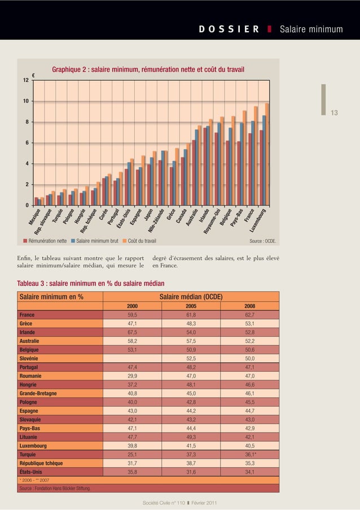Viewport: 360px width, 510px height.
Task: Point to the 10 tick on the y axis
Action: [26, 101]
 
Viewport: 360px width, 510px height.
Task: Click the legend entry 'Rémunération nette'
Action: [45, 242]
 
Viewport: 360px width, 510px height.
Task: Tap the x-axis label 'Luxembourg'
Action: [259, 222]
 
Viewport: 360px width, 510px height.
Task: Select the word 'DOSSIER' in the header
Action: [229, 29]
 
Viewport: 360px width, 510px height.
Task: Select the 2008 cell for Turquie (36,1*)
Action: [249, 454]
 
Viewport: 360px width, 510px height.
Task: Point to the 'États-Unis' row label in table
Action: [31, 472]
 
